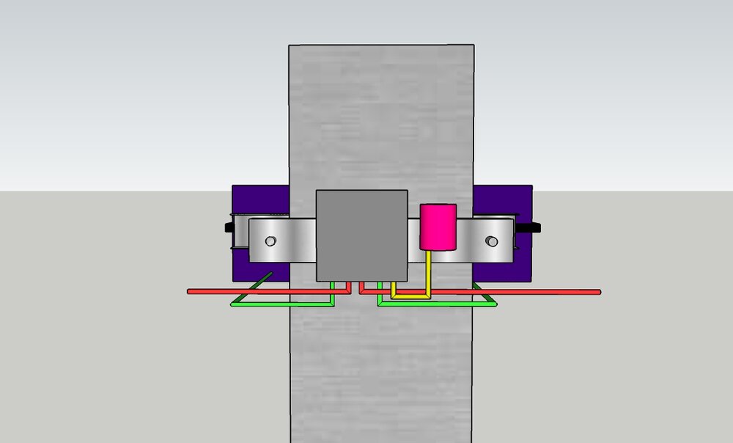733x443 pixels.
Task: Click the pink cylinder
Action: (x=438, y=227)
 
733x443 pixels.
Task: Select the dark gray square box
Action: (x=361, y=235)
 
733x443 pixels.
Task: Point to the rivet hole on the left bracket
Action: (x=270, y=241)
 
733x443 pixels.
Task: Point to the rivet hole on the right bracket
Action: (x=493, y=241)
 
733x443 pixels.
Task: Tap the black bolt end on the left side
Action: (x=228, y=227)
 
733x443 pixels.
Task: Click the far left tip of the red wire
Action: (x=190, y=292)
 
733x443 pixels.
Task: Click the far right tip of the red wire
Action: (x=598, y=292)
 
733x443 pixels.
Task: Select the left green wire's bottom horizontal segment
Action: (x=282, y=303)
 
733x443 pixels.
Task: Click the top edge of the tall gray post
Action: (x=381, y=45)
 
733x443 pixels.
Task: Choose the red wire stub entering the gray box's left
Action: (x=351, y=287)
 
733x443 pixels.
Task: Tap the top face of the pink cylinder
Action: (x=438, y=208)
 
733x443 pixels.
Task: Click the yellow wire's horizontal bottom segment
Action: (x=411, y=296)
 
